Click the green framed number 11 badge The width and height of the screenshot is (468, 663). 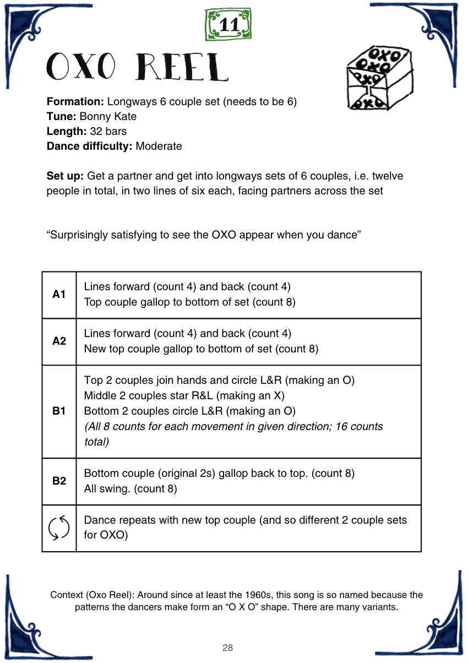tap(228, 25)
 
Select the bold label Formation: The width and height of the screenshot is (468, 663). tap(75, 102)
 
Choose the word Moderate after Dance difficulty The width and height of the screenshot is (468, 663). tap(159, 146)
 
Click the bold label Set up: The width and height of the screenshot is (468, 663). tap(65, 176)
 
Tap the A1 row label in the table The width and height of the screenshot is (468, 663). tap(59, 295)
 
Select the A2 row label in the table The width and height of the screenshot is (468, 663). tap(59, 341)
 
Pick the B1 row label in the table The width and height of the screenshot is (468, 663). tap(59, 411)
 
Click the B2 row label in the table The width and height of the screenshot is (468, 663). tap(59, 481)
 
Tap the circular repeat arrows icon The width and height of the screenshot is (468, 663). tap(59, 528)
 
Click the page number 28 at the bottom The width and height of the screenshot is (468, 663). tap(228, 648)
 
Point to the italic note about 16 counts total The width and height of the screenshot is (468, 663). tap(233, 434)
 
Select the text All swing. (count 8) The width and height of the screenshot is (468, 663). tap(130, 488)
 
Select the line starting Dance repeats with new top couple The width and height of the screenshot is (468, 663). tap(245, 520)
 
